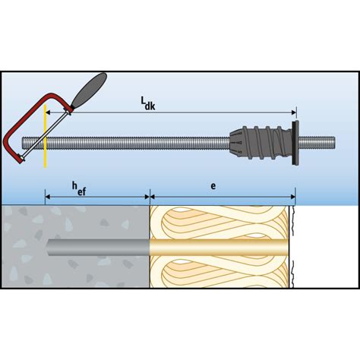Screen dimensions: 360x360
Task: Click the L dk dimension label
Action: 148,103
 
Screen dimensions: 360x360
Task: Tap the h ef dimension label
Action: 79,188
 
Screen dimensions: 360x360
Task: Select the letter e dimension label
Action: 213,186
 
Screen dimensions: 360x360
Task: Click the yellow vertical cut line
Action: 45,136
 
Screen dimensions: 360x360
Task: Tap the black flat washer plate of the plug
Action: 295,143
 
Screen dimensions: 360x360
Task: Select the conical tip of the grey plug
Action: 236,143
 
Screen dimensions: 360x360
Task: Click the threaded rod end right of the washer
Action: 317,143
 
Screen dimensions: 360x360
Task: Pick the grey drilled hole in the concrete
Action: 98,248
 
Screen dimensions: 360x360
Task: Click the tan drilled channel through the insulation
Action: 219,248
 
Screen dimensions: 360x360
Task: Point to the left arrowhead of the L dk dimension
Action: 48,112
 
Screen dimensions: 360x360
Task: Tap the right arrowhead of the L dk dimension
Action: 293,112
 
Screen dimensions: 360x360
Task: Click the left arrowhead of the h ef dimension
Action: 48,197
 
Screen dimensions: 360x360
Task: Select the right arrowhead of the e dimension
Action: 292,197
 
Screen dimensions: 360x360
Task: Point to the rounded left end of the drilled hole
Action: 47,248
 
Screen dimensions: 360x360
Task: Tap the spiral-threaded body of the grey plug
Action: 266,143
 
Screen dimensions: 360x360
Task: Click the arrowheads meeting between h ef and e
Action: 150,197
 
